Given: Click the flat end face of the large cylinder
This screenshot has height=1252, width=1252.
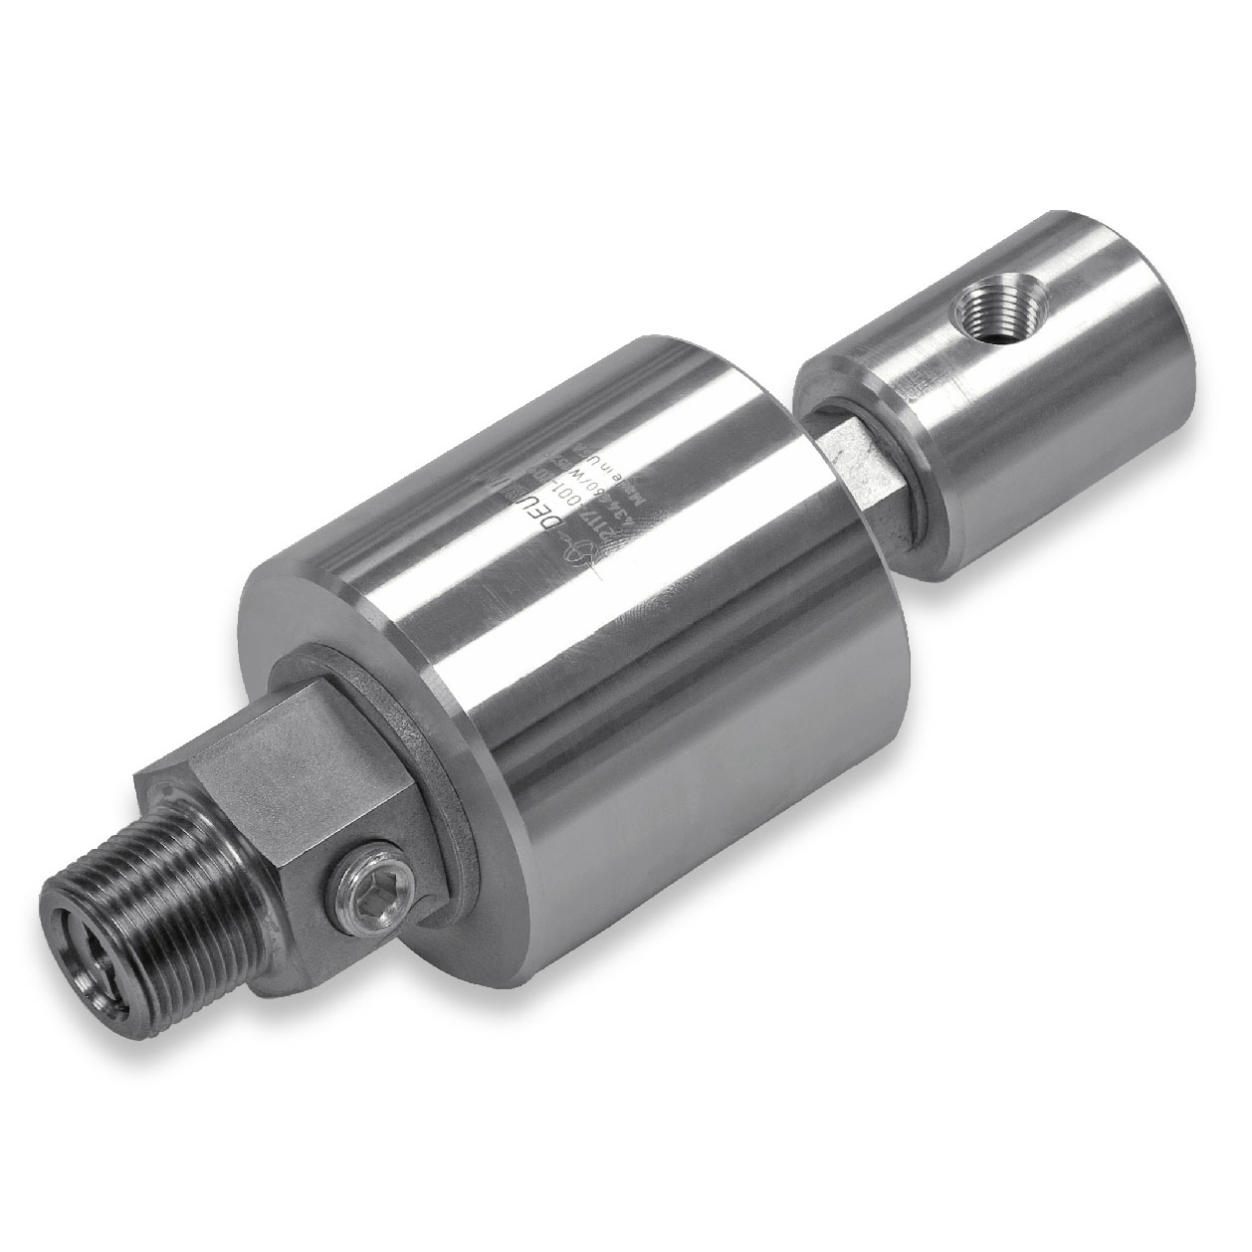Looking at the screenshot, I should click(x=328, y=637).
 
